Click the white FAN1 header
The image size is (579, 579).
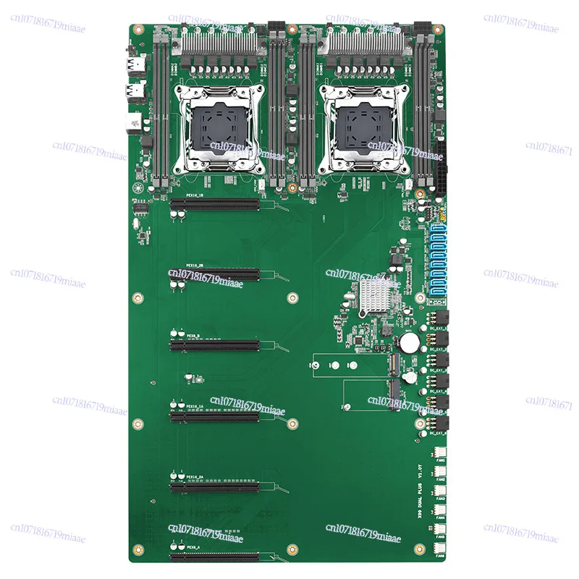coord(441,453)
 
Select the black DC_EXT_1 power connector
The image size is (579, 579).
coord(441,316)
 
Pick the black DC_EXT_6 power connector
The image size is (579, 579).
coord(441,421)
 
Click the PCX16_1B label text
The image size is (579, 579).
coord(194,195)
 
